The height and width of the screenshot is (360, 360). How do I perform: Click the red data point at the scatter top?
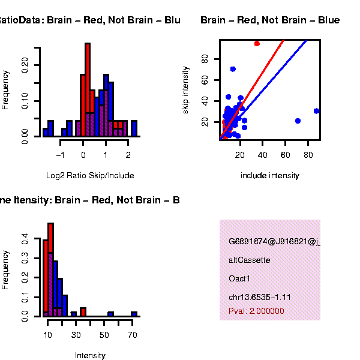tap(257, 43)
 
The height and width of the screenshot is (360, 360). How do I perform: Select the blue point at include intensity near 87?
tap(316, 111)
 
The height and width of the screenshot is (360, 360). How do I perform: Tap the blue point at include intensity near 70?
tap(298, 121)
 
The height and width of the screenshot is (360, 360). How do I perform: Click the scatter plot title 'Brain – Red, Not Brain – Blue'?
tap(270, 20)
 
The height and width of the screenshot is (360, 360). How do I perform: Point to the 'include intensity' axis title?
tap(269, 176)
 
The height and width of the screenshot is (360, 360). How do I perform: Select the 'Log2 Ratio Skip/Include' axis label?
tap(90, 176)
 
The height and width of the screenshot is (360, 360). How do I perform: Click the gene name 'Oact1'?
tap(239, 279)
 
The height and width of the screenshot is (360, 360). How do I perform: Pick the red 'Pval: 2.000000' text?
tap(257, 311)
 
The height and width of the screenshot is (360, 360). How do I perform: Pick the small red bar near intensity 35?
tap(83, 311)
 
